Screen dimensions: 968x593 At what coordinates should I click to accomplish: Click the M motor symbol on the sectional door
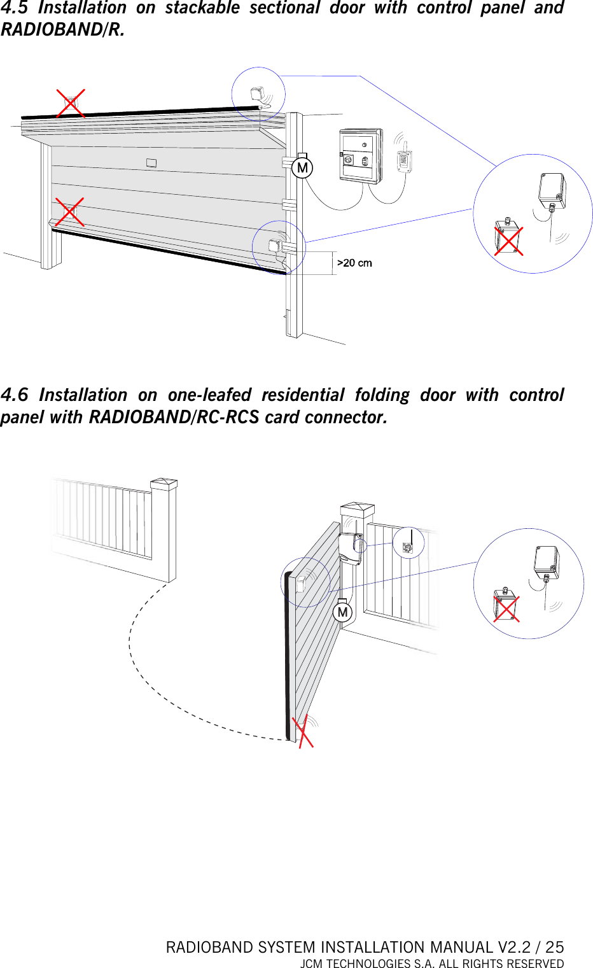pyautogui.click(x=302, y=168)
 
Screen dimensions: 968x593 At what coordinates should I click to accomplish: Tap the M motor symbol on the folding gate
pyautogui.click(x=342, y=612)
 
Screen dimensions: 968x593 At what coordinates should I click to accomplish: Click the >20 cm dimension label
pyautogui.click(x=354, y=263)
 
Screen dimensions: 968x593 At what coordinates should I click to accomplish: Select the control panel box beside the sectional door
pyautogui.click(x=361, y=156)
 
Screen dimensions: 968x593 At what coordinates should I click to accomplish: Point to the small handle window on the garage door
pyautogui.click(x=151, y=163)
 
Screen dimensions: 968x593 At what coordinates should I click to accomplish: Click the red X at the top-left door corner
pyautogui.click(x=71, y=103)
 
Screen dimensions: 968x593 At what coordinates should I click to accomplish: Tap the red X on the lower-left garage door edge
pyautogui.click(x=69, y=212)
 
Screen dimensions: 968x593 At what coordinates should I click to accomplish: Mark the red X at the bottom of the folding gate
pyautogui.click(x=303, y=731)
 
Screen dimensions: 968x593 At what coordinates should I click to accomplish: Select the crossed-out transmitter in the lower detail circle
pyautogui.click(x=506, y=607)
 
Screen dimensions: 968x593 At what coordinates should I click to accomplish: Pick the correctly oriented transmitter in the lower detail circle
pyautogui.click(x=547, y=563)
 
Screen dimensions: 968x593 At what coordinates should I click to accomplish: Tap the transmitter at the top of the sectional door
pyautogui.click(x=258, y=94)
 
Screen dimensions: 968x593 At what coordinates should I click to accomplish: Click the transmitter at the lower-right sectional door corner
pyautogui.click(x=275, y=246)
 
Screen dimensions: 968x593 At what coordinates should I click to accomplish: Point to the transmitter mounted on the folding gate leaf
pyautogui.click(x=301, y=583)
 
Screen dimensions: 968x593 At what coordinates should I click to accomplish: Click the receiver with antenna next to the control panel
pyautogui.click(x=404, y=159)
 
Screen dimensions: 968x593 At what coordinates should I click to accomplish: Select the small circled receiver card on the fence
pyautogui.click(x=408, y=545)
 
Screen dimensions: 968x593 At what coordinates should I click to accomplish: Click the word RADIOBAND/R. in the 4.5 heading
pyautogui.click(x=62, y=29)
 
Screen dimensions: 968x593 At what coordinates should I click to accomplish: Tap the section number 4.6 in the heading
pyautogui.click(x=14, y=395)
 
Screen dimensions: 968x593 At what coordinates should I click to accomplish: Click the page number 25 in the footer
pyautogui.click(x=554, y=947)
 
